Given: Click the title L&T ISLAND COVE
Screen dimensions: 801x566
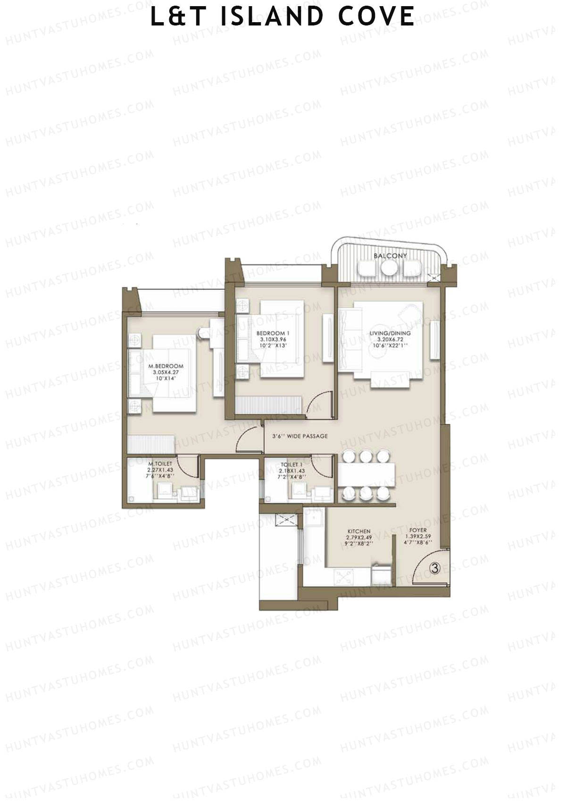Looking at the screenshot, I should pos(283,17).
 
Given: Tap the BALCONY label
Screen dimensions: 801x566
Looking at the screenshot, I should pos(390,256).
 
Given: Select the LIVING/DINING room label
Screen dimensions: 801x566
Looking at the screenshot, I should pos(390,333).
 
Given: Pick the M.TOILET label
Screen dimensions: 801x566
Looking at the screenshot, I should pos(160,464).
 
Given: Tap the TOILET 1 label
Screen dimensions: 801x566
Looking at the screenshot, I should pos(291,465).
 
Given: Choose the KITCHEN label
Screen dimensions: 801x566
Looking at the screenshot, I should pos(359,531).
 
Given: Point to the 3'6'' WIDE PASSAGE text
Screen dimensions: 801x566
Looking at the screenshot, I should pos(300,436).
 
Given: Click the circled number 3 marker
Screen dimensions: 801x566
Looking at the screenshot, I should pos(435,569).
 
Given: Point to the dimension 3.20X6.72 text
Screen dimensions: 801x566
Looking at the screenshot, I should pos(390,339).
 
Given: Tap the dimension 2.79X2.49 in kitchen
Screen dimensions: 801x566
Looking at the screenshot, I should pos(359,538).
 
